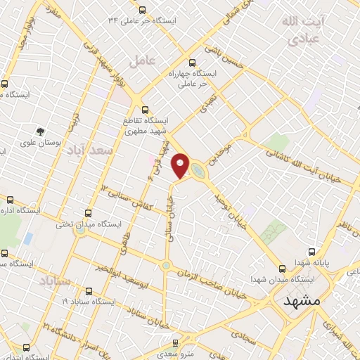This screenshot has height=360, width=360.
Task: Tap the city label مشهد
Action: (303, 300)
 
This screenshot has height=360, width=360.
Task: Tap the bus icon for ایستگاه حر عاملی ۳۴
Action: (143, 10)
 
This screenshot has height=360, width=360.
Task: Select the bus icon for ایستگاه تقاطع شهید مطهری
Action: (146, 110)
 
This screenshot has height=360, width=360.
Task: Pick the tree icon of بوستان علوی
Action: (40, 130)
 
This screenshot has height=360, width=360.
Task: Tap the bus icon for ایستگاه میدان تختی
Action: (88, 212)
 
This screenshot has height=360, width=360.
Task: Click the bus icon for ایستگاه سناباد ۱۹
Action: (87, 291)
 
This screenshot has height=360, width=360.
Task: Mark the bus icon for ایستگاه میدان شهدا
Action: (282, 268)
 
